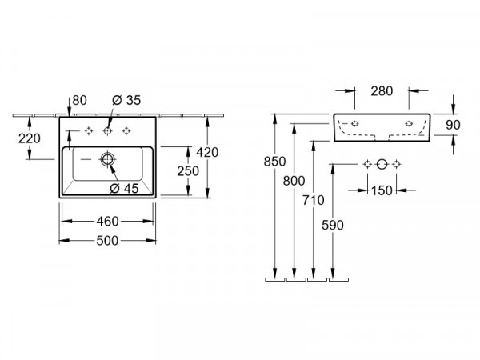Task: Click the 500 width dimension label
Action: click(107, 241)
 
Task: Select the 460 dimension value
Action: click(107, 222)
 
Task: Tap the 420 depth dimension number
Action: click(207, 152)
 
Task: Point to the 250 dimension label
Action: click(188, 171)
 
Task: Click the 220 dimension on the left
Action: click(30, 138)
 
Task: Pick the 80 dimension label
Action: click(79, 100)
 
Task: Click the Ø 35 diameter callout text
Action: click(126, 100)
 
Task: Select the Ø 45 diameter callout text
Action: click(124, 188)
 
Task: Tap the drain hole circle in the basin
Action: click(107, 159)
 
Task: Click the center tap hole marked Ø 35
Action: click(107, 131)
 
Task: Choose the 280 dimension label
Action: click(382, 91)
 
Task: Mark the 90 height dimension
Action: click(453, 125)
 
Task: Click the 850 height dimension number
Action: click(274, 162)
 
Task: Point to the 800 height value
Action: click(294, 181)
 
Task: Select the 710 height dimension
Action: click(313, 200)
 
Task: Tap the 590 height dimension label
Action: click(333, 226)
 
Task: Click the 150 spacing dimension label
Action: click(382, 190)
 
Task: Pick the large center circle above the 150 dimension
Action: click(382, 164)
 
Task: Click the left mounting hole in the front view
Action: click(354, 124)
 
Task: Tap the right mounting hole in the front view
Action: click(409, 124)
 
